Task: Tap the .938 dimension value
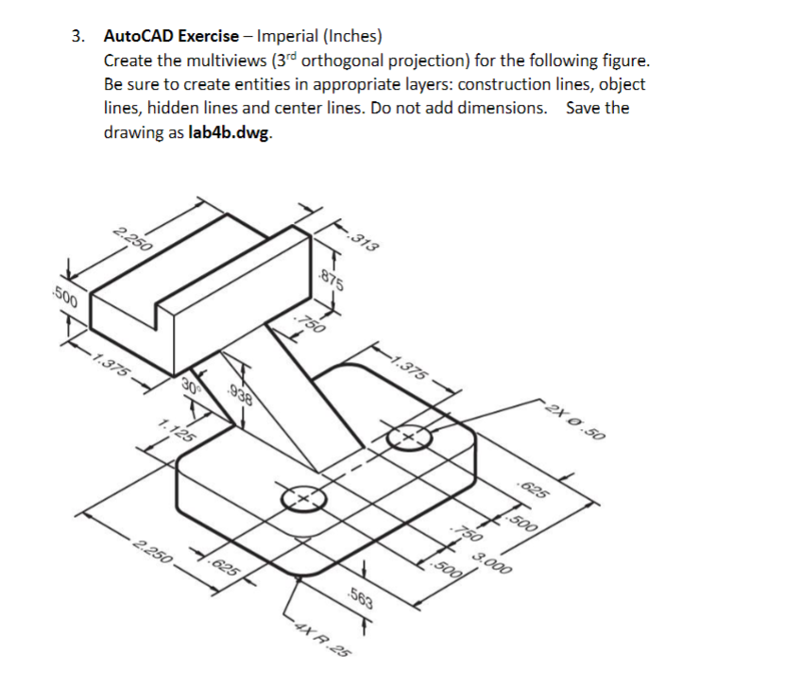click(240, 397)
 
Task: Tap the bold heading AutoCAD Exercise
click(171, 37)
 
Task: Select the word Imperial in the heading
click(288, 37)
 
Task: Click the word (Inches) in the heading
click(352, 37)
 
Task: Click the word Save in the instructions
click(584, 108)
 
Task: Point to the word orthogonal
click(362, 60)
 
